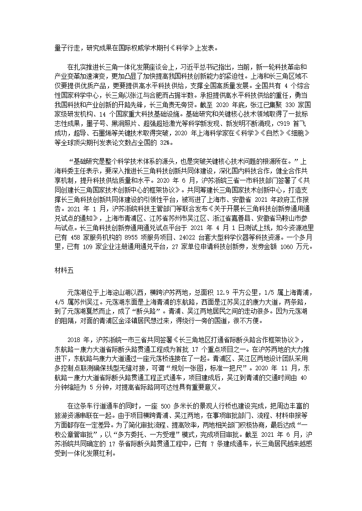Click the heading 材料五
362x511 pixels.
[63, 270]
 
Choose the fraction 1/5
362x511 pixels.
[271, 291]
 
